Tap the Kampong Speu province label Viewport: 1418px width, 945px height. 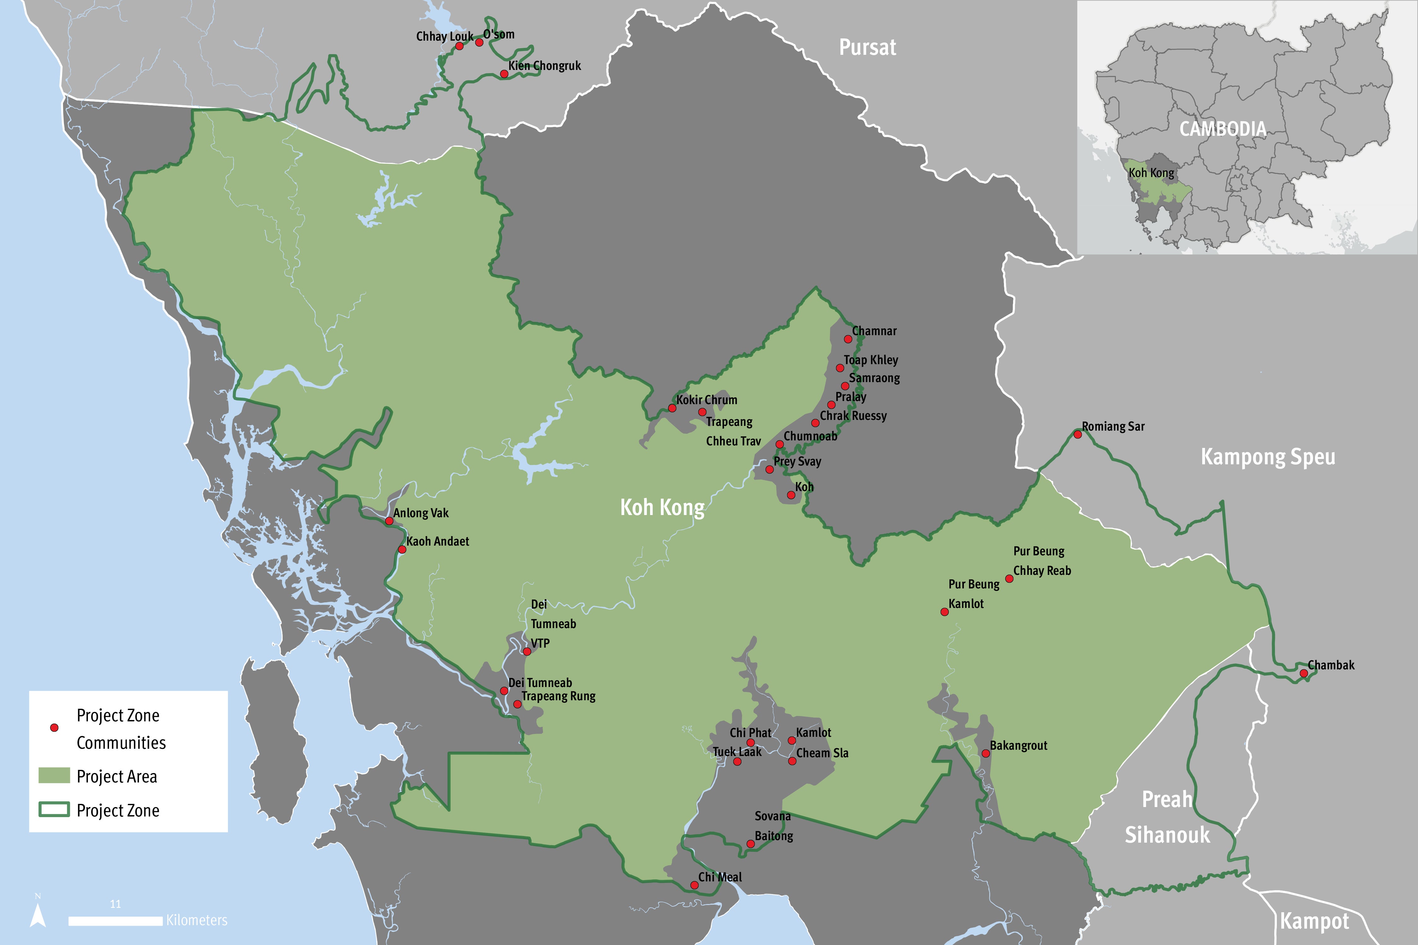click(x=1267, y=457)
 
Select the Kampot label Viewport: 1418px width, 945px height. click(x=1314, y=921)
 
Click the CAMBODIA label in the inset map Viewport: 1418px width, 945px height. click(x=1223, y=129)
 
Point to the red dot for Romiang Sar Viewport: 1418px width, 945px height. click(x=1077, y=434)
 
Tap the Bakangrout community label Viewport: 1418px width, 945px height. click(x=1018, y=746)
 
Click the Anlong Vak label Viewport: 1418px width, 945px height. click(x=421, y=513)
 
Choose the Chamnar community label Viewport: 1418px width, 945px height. click(x=874, y=331)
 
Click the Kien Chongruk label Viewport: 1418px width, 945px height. click(x=545, y=66)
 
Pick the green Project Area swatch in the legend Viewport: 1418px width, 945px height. click(x=54, y=776)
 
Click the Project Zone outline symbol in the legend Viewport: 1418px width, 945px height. click(x=54, y=810)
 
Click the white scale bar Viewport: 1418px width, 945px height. click(x=115, y=921)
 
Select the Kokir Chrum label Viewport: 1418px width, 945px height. click(x=706, y=399)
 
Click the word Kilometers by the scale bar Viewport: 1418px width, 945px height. click(x=197, y=920)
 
